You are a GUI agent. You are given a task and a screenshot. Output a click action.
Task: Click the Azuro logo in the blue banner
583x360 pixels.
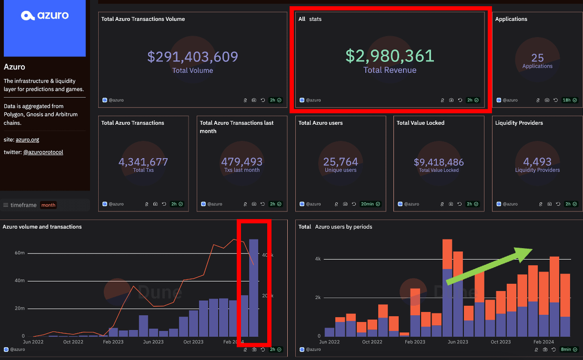(45, 16)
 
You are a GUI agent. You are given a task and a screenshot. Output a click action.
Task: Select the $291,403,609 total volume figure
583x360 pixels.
(193, 57)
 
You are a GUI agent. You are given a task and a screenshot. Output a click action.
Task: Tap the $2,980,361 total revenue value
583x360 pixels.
(390, 56)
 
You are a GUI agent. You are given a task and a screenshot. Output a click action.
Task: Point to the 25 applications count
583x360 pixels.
(537, 58)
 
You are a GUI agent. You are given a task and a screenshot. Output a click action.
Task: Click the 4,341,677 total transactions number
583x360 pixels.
(143, 162)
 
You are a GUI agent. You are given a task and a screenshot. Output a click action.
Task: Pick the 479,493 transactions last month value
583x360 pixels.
(241, 162)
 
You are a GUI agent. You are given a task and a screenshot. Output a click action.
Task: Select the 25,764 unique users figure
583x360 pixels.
(341, 162)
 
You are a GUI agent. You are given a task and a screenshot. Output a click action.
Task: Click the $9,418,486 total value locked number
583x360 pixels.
(439, 162)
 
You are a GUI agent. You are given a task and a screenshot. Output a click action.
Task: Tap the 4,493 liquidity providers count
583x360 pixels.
(537, 162)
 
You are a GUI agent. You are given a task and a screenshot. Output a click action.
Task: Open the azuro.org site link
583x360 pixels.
(27, 139)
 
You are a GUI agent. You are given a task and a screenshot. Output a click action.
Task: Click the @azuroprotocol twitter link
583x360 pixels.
(43, 152)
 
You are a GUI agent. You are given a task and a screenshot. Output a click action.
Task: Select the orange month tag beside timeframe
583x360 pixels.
(48, 205)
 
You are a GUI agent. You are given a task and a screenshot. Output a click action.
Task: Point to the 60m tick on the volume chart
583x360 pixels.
(19, 253)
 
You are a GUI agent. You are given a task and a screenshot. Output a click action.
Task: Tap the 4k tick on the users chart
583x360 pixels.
(317, 259)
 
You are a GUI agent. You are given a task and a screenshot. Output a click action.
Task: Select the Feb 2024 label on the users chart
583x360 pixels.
(544, 342)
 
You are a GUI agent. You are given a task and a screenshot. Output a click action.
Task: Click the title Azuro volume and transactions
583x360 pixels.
(42, 227)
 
